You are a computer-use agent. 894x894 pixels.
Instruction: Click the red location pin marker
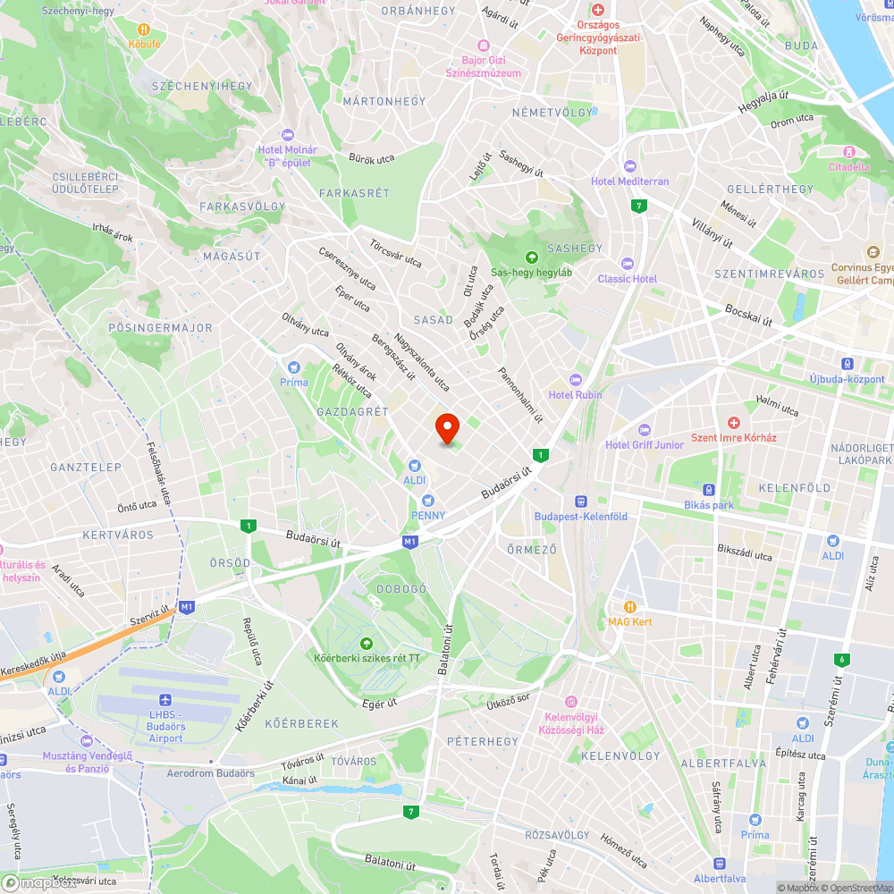(446, 428)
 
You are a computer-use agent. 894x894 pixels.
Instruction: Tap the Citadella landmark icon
(849, 152)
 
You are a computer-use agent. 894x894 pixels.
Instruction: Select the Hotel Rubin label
(575, 394)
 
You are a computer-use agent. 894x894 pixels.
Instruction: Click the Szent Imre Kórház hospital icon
(734, 422)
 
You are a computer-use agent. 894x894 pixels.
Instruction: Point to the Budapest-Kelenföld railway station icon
(580, 502)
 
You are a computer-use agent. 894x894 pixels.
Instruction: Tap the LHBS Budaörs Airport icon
(164, 701)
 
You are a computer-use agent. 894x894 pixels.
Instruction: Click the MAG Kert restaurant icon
(630, 606)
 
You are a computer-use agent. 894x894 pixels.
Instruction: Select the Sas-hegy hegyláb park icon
(531, 257)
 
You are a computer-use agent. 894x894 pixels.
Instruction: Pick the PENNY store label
(428, 515)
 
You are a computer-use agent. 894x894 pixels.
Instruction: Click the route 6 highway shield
(839, 660)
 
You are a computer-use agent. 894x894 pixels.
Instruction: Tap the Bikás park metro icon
(708, 490)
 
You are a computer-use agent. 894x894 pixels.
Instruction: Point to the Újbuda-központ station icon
(846, 364)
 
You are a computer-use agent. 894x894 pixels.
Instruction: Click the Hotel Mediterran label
(629, 181)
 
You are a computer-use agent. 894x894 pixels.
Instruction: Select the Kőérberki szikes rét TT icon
(366, 644)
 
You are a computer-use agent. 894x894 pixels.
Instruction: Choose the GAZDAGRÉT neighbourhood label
(352, 411)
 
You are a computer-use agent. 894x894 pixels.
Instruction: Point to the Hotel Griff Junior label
(644, 444)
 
